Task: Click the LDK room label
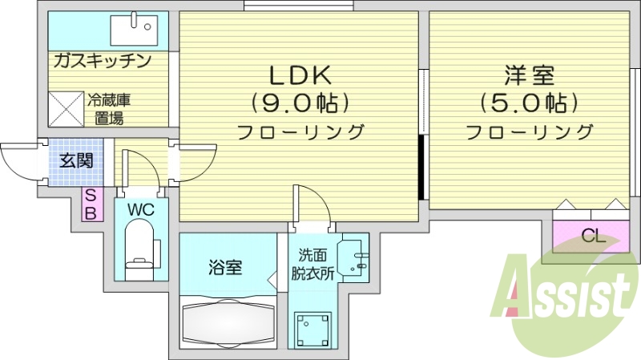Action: click(300, 75)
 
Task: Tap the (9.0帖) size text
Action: click(300, 103)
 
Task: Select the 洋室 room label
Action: click(530, 75)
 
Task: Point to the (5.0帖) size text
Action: click(530, 103)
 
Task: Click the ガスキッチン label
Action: click(103, 61)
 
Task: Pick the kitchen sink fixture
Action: click(132, 30)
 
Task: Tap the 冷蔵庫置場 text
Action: click(109, 110)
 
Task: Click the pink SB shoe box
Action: click(91, 204)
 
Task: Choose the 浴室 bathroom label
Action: click(226, 267)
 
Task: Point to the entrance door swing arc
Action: click(18, 164)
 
